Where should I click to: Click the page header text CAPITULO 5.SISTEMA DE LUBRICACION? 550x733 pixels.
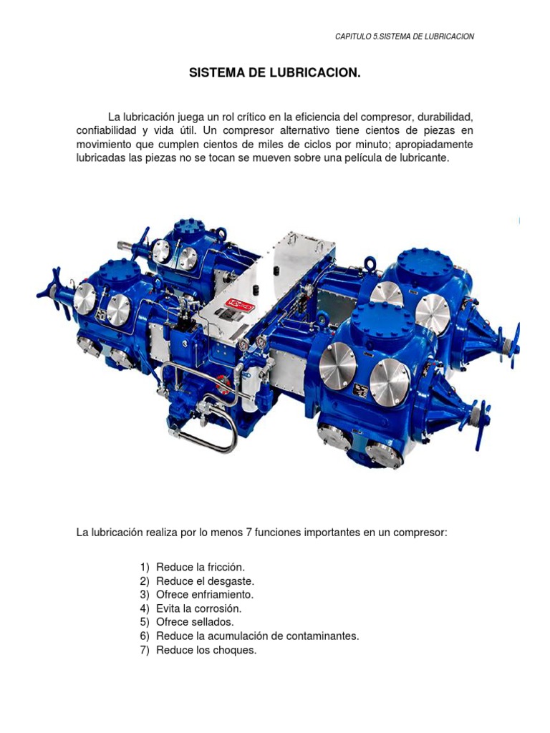[405, 37]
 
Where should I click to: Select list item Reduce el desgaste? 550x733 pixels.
[205, 581]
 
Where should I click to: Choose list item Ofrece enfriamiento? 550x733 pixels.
[205, 594]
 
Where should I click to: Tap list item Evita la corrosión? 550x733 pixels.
[199, 608]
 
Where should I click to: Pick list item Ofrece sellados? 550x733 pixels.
[195, 622]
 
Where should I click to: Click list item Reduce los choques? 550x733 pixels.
[206, 650]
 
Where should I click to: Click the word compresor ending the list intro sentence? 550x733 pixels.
[420, 533]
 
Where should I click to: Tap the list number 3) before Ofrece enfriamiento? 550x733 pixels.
[144, 594]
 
